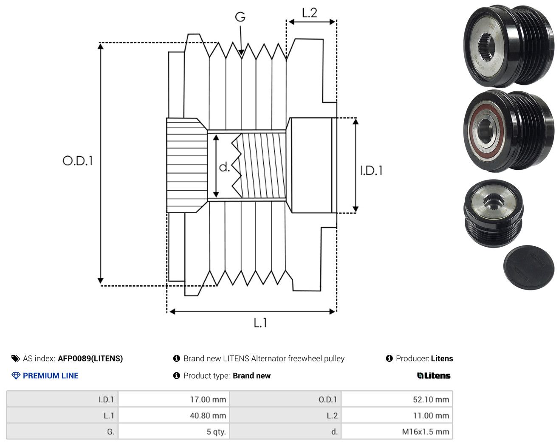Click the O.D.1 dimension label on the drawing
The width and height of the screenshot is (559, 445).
(x=78, y=161)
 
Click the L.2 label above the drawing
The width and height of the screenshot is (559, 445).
(x=310, y=13)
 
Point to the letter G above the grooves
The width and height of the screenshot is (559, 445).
(x=240, y=17)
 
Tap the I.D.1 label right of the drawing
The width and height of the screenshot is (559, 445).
(x=371, y=171)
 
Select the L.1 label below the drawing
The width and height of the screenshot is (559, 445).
(x=260, y=323)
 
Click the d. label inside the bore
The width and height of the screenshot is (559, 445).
(x=224, y=167)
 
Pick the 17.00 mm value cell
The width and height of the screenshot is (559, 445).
(x=174, y=399)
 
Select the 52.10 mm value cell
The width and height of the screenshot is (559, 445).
(x=397, y=399)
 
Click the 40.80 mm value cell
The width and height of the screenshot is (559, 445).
(x=174, y=415)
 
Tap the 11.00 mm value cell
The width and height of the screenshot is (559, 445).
(x=397, y=415)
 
